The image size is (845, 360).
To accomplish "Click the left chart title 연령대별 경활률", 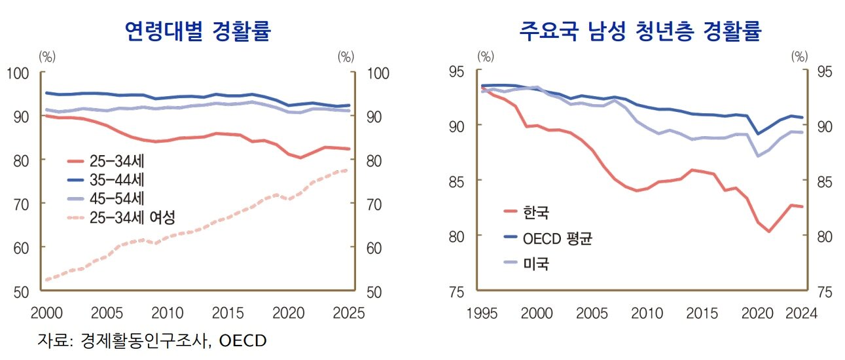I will (x=198, y=31).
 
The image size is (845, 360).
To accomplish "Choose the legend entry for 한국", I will (x=536, y=212).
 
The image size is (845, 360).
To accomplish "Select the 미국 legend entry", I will (x=536, y=264).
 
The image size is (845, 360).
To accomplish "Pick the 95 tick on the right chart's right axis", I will (x=825, y=71).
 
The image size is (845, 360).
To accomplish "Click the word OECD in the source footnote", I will (x=243, y=340).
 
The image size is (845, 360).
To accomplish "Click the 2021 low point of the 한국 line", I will (x=770, y=231).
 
